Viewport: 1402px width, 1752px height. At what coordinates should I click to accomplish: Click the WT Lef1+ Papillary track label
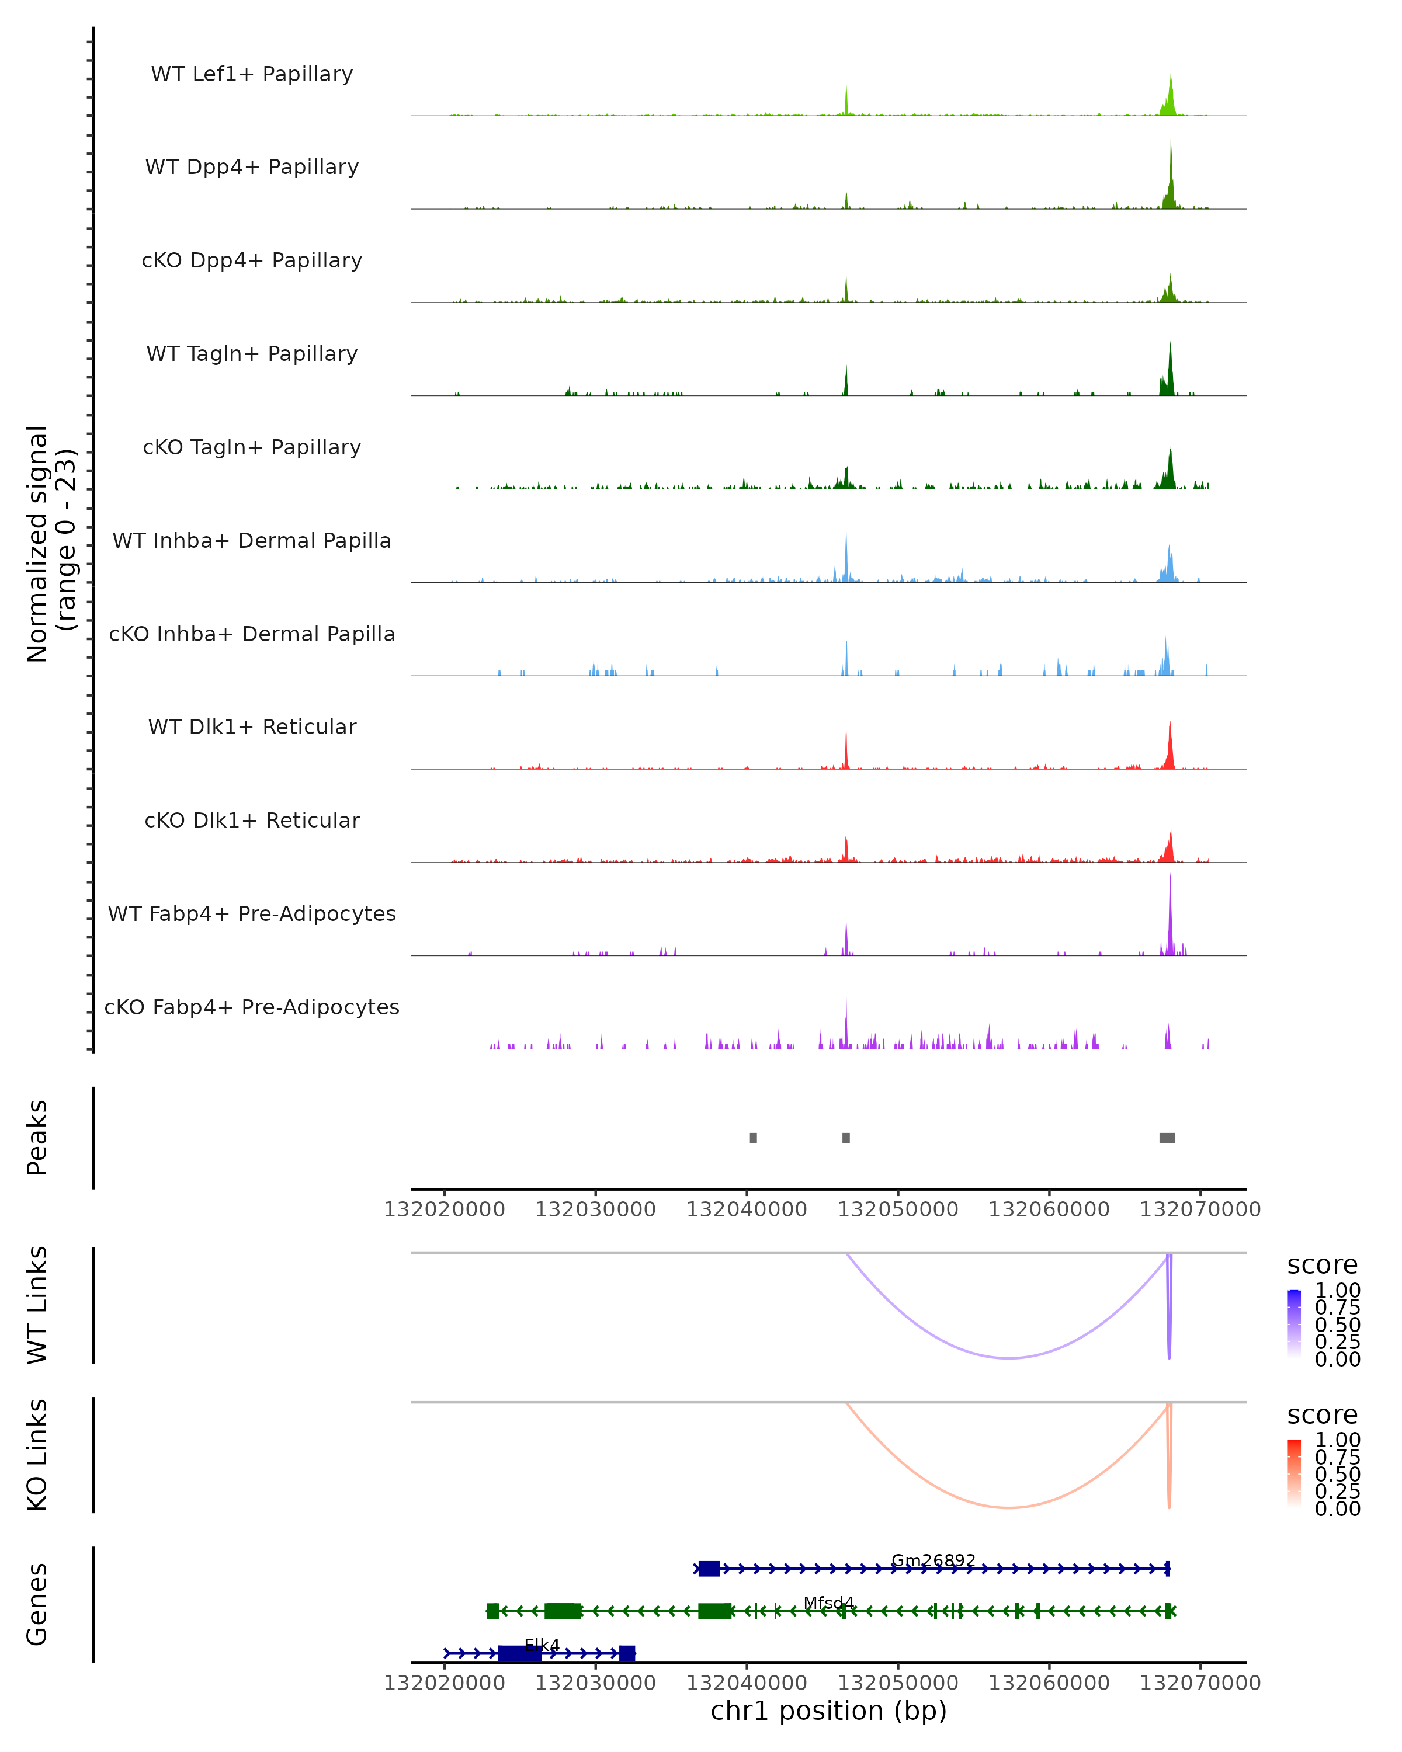pos(252,74)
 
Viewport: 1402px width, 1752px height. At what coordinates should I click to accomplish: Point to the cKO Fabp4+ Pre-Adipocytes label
pos(252,1007)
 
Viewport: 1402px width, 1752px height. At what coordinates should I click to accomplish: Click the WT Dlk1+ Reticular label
pos(252,726)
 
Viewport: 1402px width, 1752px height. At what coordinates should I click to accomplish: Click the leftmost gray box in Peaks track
pos(754,1138)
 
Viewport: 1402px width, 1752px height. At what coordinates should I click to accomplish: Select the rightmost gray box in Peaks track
pos(1167,1138)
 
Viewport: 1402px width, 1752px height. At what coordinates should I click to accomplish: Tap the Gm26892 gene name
pos(933,1560)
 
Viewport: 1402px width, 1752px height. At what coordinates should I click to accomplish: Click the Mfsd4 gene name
pos(828,1602)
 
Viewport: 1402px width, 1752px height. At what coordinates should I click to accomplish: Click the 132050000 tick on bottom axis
pos(898,1683)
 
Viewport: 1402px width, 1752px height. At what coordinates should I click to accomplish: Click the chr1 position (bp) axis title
pos(828,1711)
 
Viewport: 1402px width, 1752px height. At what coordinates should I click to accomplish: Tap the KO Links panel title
pos(37,1455)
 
